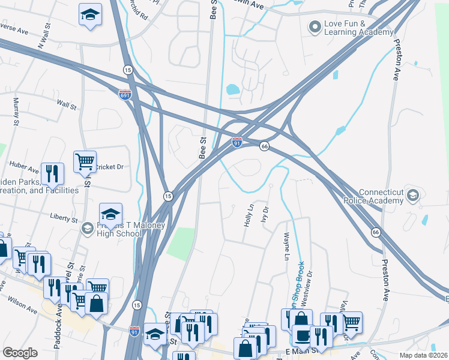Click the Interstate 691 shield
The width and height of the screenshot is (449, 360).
[x=124, y=95]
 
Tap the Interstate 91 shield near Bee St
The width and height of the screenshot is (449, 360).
[x=237, y=143]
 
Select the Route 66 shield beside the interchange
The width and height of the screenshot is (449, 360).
[x=264, y=146]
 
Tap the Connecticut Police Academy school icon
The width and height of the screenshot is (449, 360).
[x=412, y=196]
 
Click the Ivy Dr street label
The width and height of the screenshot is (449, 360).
[x=265, y=215]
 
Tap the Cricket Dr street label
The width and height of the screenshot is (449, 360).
[x=109, y=166]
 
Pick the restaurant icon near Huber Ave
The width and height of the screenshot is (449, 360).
[x=52, y=173]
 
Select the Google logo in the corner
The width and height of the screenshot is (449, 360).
[x=20, y=352]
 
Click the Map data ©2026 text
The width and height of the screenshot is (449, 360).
[x=423, y=355]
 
